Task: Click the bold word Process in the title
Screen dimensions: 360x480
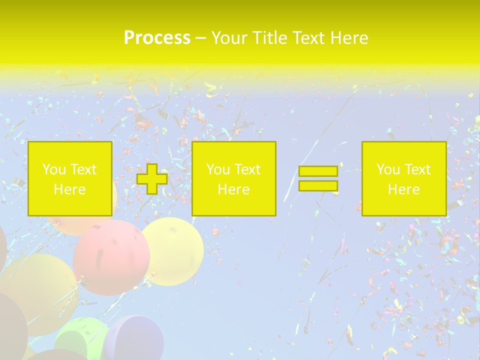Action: click(157, 38)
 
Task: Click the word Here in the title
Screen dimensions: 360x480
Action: click(349, 38)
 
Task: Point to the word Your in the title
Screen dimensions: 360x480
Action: click(229, 38)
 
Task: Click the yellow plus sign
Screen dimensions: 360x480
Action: click(152, 179)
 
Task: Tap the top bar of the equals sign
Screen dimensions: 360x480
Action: click(318, 171)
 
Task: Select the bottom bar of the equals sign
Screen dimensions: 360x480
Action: click(318, 186)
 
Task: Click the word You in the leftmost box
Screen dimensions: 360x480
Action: click(54, 169)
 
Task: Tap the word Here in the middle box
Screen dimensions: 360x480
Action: click(233, 189)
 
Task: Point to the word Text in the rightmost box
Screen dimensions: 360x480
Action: click(417, 169)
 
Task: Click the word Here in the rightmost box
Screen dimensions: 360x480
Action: click(403, 189)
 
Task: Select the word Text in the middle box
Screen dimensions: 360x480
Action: click(247, 169)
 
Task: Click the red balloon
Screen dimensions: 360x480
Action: click(111, 257)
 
